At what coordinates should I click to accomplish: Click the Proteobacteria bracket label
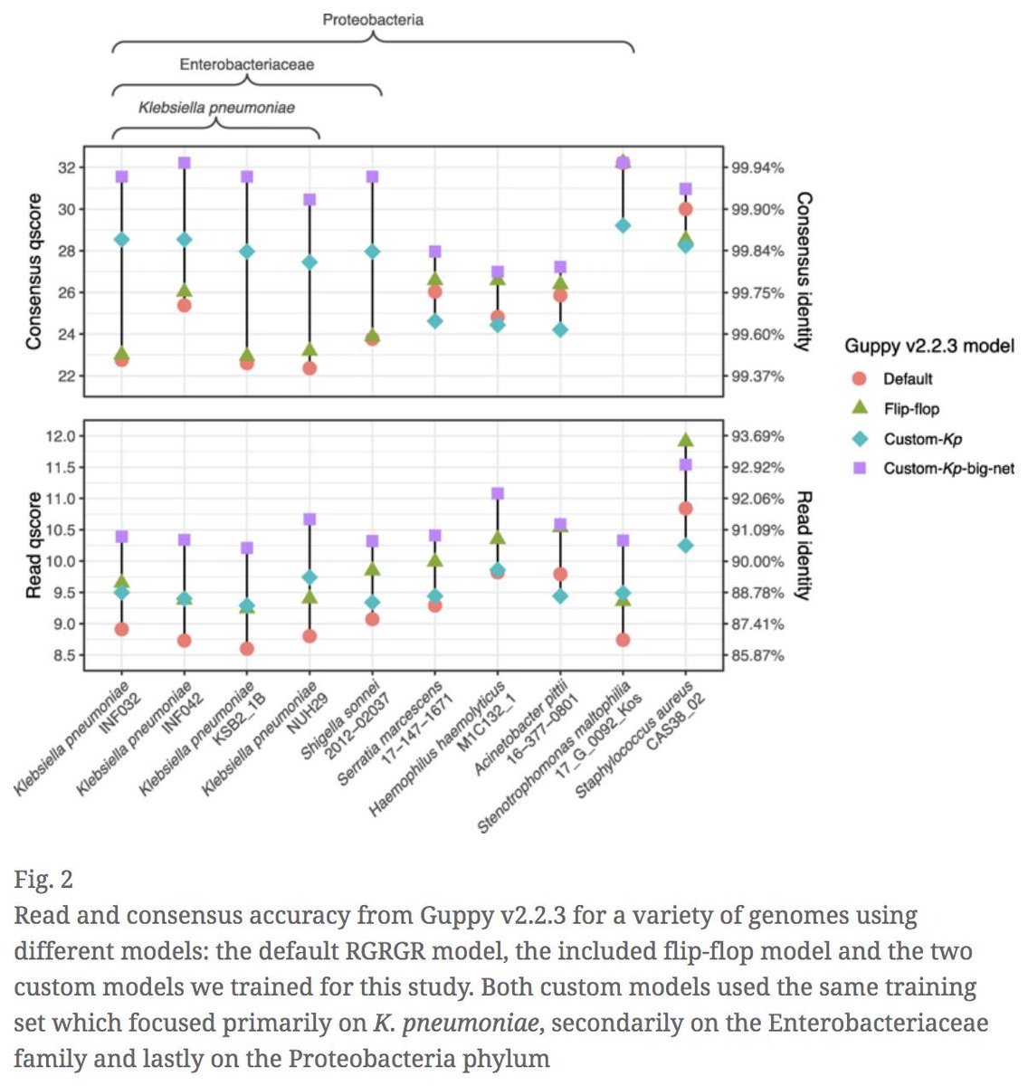point(373,19)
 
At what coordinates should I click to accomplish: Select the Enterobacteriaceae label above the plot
point(246,64)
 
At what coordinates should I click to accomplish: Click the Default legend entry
point(907,378)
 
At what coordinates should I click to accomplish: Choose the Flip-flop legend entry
point(910,409)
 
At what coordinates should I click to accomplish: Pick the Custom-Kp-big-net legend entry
point(947,469)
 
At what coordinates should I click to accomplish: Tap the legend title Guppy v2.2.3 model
point(928,346)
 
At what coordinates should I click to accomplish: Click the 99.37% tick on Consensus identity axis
point(758,376)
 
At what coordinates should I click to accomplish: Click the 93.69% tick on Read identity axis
point(758,436)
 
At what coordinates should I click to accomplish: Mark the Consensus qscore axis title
point(33,271)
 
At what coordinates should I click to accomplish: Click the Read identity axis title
point(803,546)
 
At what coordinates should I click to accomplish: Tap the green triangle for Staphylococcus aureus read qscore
point(685,440)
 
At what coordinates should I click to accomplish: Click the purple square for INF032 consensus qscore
point(121,176)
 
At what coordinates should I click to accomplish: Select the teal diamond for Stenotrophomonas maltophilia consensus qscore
point(623,225)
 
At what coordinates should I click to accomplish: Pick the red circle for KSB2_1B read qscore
point(246,649)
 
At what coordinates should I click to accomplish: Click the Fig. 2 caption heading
point(43,879)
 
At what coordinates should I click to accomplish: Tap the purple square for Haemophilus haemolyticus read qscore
point(497,493)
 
